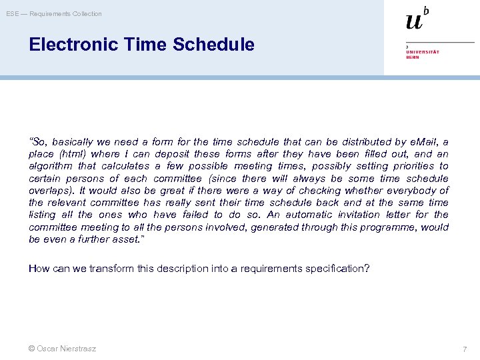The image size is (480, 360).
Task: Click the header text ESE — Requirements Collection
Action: tap(55, 14)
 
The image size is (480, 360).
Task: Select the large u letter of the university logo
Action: tap(415, 21)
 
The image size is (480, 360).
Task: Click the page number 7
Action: tap(464, 349)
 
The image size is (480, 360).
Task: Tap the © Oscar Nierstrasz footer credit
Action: tap(63, 349)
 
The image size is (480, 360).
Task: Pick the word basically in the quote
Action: tap(73, 142)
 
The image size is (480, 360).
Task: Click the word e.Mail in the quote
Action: tap(422, 142)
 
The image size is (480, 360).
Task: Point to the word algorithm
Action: tap(49, 166)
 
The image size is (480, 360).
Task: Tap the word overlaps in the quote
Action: tap(51, 190)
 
